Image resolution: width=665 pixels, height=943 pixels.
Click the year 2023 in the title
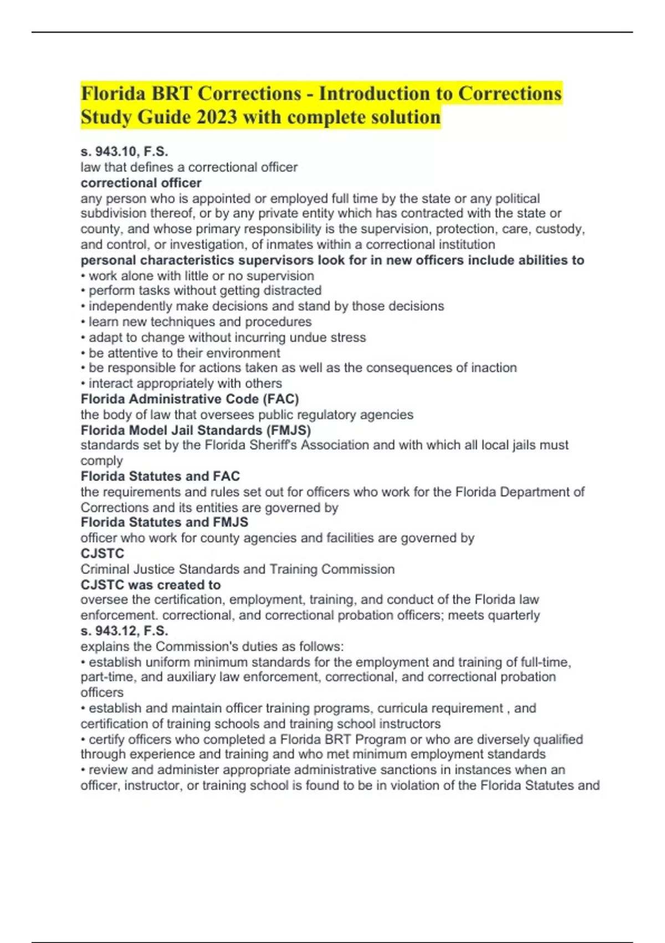[x=213, y=118]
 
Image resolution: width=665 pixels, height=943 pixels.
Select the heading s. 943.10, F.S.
[x=124, y=151]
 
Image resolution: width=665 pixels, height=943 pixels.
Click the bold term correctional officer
[x=141, y=183]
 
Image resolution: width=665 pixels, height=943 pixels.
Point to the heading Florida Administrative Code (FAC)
[x=190, y=399]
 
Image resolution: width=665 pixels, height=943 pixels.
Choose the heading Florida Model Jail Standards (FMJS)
[x=196, y=430]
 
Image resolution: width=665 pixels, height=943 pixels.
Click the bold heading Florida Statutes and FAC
[x=160, y=476]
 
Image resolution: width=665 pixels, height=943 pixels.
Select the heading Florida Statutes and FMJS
[x=164, y=522]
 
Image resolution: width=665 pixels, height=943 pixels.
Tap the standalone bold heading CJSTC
[x=103, y=553]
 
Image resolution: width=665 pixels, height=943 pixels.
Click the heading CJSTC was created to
[x=150, y=585]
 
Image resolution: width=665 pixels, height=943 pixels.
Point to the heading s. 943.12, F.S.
[x=124, y=631]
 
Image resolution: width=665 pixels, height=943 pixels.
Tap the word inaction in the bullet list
[x=493, y=368]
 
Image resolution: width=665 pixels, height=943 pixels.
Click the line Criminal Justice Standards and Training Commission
[x=237, y=569]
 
